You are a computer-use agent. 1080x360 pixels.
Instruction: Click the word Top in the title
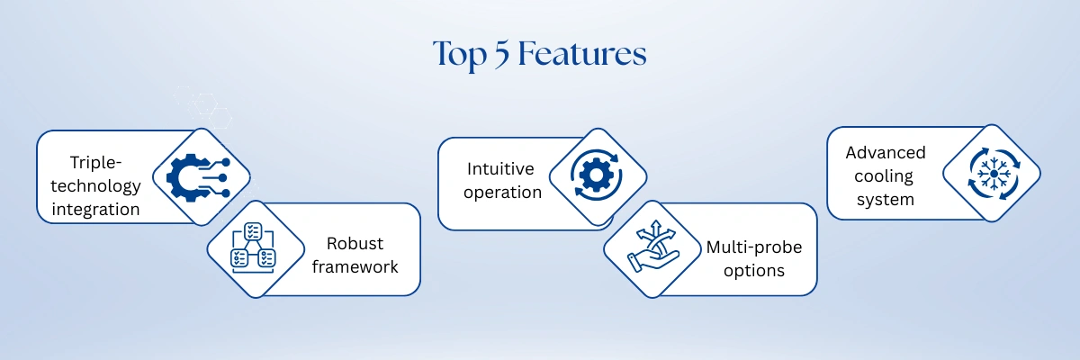[x=460, y=55]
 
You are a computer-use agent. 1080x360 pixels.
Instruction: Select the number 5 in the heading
[x=502, y=54]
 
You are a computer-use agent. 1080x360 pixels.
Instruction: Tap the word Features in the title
[x=582, y=53]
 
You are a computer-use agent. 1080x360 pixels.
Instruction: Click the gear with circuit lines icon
[x=198, y=177]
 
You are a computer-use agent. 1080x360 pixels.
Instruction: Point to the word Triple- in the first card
[x=95, y=162]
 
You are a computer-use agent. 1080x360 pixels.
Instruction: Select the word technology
[x=95, y=186]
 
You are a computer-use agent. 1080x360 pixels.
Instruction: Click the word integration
[x=95, y=209]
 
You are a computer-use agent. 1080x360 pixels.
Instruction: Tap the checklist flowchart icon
[x=253, y=247]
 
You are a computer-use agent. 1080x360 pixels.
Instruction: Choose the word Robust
[x=355, y=243]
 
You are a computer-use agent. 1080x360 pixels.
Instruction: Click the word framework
[x=355, y=266]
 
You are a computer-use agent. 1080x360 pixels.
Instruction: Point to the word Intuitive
[x=500, y=168]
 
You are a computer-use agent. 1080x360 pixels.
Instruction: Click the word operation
[x=502, y=193]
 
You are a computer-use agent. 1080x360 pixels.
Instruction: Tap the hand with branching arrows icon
[x=653, y=247]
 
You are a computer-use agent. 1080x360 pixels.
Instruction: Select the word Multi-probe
[x=754, y=247]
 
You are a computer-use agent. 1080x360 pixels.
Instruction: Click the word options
[x=754, y=270]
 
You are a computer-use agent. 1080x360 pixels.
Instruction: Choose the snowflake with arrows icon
[x=994, y=174]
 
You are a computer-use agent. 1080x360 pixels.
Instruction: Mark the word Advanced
[x=886, y=152]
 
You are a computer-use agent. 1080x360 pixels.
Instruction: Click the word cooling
[x=884, y=176]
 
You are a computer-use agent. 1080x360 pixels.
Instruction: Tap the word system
[x=886, y=200]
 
